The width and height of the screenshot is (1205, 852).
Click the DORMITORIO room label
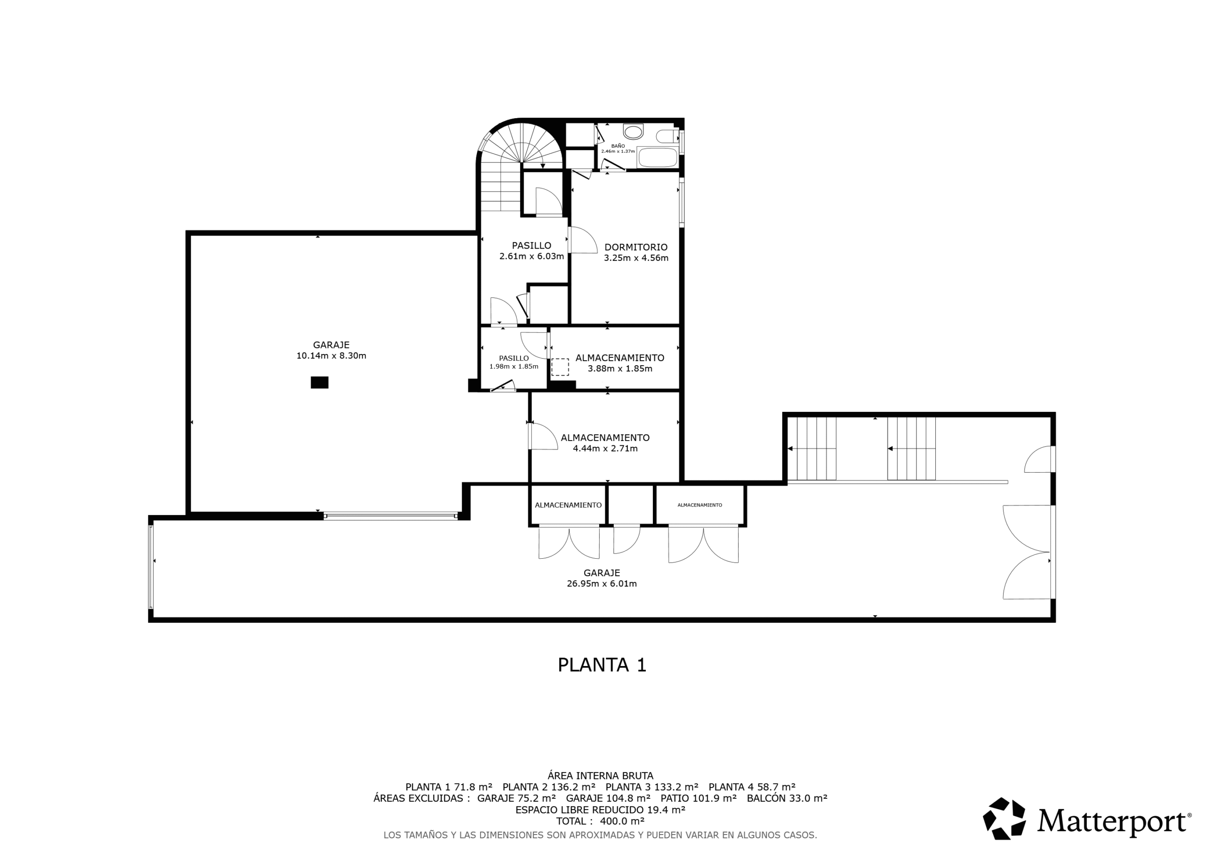point(635,247)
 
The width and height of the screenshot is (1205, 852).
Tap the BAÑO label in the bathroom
point(618,146)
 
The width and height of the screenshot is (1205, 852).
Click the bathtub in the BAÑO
point(657,158)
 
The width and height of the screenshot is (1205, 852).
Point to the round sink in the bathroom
point(633,131)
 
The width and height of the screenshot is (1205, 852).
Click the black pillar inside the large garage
point(320,383)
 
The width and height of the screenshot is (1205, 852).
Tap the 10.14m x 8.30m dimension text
point(331,356)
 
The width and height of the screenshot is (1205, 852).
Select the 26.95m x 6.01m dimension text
point(602,584)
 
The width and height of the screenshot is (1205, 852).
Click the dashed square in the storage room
point(560,367)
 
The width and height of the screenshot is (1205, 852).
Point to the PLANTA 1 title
point(602,665)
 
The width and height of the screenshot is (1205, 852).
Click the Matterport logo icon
point(1004,819)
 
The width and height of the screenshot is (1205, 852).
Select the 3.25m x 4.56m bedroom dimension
point(636,258)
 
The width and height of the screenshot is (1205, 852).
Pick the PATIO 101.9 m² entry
point(699,798)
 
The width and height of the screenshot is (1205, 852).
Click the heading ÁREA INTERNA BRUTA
point(601,775)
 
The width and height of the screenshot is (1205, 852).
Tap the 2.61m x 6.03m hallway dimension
point(531,257)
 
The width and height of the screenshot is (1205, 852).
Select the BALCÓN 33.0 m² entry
point(787,798)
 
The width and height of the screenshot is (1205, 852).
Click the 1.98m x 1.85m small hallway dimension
point(514,366)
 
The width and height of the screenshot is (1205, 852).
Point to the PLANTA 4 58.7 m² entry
point(752,787)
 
